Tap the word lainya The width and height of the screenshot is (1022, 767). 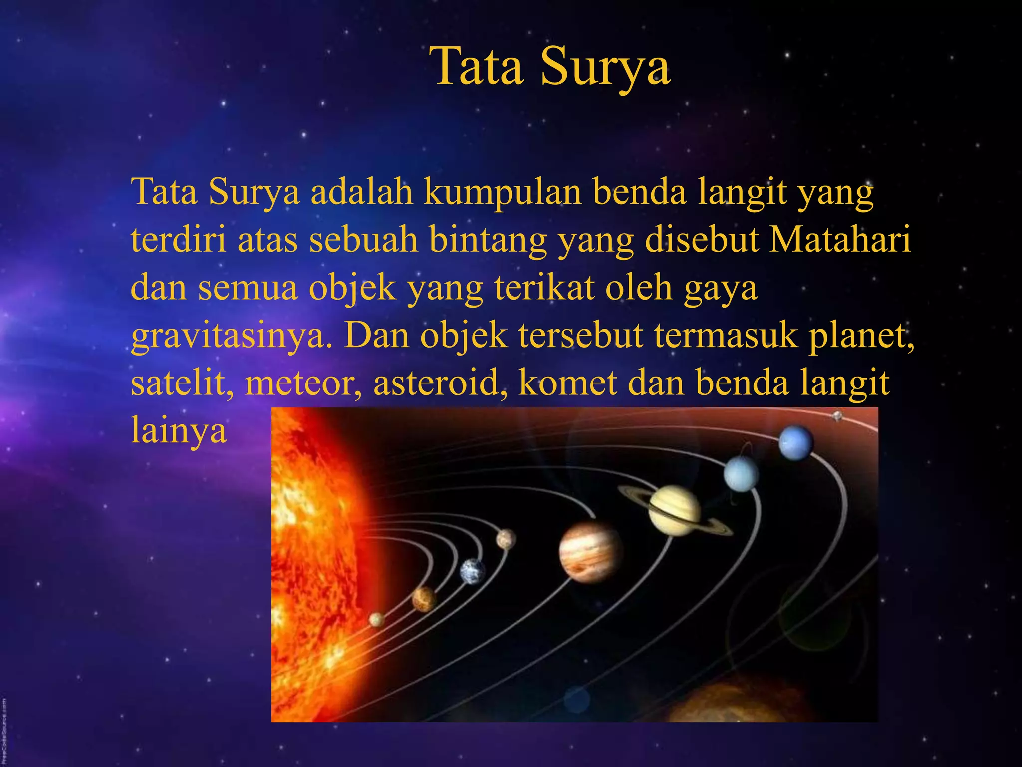point(179,430)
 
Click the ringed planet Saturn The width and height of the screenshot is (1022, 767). point(675,510)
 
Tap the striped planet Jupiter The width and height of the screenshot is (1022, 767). point(591,552)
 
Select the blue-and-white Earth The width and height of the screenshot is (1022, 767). point(472,571)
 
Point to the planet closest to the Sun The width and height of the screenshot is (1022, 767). point(377,620)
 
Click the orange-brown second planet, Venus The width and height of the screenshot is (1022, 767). point(424,599)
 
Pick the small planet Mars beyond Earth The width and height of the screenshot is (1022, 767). point(506,539)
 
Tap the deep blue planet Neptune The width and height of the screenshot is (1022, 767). point(796,442)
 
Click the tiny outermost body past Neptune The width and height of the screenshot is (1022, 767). point(837,415)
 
